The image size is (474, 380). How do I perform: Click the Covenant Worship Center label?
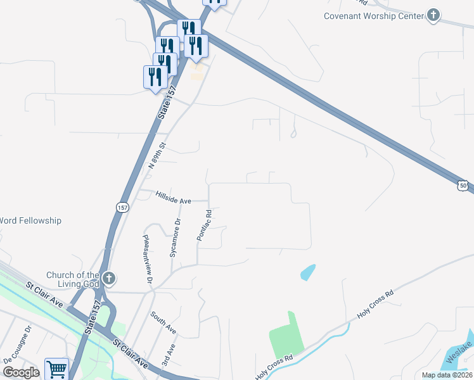coord(373,16)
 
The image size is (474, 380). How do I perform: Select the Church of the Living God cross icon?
coord(109,279)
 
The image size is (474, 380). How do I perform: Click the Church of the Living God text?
coord(73,279)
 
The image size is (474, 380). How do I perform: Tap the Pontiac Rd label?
coord(203,225)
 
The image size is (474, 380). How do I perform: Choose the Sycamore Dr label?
coord(176,237)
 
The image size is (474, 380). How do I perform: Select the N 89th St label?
coord(157,155)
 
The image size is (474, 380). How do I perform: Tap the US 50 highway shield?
coord(464,184)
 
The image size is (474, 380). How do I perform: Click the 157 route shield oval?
coord(122,207)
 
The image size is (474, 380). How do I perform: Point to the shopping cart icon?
coord(56,369)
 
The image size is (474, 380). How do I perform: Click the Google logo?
coord(21,372)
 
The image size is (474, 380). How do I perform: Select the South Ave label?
coord(163,322)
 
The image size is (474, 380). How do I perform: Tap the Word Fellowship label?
coord(30,220)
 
